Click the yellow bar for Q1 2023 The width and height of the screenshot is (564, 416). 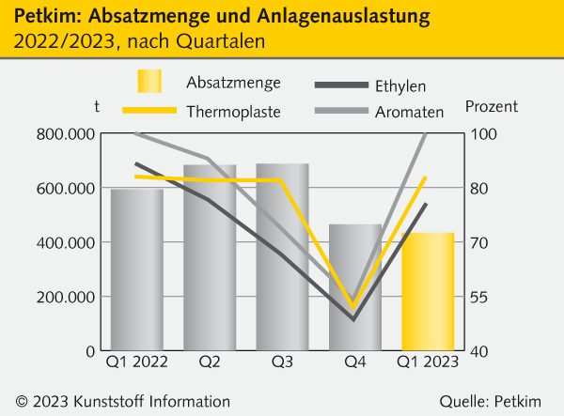click(x=428, y=291)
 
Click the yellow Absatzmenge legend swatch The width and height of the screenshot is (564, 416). click(x=150, y=82)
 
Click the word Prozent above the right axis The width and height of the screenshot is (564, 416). click(x=492, y=107)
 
